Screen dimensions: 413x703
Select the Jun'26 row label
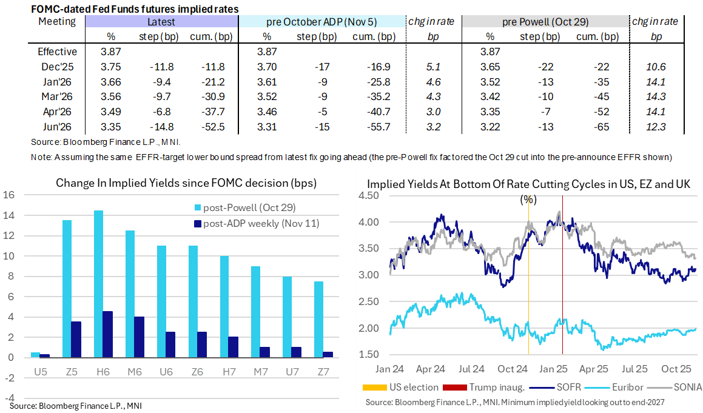coord(57,126)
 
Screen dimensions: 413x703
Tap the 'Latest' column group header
coord(161,22)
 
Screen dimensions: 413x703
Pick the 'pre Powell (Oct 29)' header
coord(545,22)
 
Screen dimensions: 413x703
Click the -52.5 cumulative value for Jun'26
coord(212,126)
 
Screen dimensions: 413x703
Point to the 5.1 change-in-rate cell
coord(433,67)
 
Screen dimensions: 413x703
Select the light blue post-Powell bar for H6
coord(98,284)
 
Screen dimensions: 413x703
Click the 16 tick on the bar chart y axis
coord(8,195)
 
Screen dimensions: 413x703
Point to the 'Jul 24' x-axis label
coord(471,369)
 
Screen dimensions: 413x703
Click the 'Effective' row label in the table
coord(57,52)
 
